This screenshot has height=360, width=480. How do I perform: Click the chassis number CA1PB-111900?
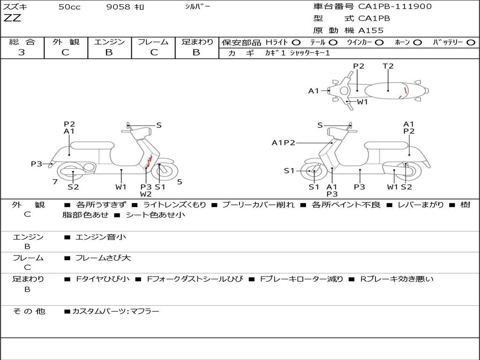pos(395,7)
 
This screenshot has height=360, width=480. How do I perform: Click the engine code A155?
pos(371,30)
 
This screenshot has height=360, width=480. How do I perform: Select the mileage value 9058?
pos(119,7)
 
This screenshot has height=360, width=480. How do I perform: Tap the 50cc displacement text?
pos(69,7)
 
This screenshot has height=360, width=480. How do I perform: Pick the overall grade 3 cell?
pos(22,52)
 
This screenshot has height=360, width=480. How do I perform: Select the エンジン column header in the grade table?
pos(109,42)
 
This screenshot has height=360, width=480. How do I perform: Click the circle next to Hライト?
pos(296,43)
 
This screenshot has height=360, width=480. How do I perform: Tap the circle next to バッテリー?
pos(471,43)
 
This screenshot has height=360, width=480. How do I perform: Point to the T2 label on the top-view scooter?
pos(388,66)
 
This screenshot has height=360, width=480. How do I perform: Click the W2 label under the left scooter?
pos(146,194)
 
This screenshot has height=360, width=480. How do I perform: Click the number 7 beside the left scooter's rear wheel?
pos(55,182)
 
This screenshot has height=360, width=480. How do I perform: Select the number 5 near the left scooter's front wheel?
pos(180,182)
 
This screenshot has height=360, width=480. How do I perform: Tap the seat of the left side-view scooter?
pos(91,145)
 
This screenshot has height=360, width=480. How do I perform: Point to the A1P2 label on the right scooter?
pos(283,143)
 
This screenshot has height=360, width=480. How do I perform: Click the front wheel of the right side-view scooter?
pos(313,172)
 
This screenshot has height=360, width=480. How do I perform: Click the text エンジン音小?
pos(101,237)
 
